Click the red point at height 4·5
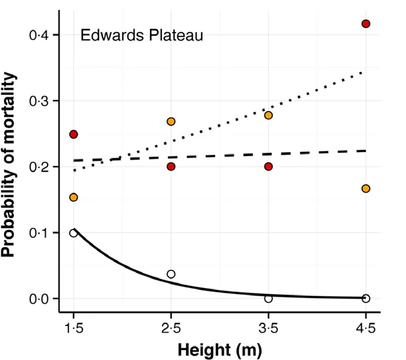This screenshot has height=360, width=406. tap(366, 24)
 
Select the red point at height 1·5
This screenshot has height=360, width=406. tap(74, 135)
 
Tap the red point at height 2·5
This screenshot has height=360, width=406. tap(171, 167)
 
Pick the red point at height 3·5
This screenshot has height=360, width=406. tap(268, 167)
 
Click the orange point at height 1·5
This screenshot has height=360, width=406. tap(74, 197)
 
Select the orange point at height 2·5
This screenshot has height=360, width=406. tap(171, 122)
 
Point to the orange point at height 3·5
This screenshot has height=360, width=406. tap(268, 116)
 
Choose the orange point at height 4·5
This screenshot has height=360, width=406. tap(366, 189)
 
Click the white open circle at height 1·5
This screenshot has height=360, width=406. tap(74, 233)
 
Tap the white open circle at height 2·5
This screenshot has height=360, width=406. tap(171, 274)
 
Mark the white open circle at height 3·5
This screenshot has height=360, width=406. tap(268, 299)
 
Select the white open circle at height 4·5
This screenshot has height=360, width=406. tap(366, 299)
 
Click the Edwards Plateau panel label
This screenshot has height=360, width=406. tap(142, 35)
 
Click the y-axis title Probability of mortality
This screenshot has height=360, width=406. tap(12, 167)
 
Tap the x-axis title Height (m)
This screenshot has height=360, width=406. tap(219, 350)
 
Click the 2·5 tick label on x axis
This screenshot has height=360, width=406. tap(171, 327)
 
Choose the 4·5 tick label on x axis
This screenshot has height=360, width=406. tap(366, 327)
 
